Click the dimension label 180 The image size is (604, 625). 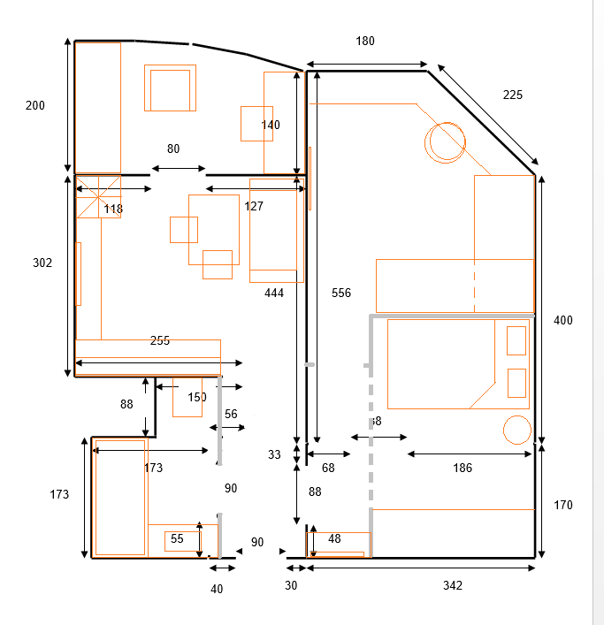tap(365, 41)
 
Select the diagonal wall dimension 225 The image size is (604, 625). tap(513, 95)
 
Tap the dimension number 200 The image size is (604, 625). tap(34, 106)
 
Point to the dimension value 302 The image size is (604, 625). tap(42, 263)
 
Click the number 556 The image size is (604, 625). tap(341, 293)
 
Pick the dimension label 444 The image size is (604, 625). tap(274, 293)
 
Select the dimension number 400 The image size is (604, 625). tap(562, 321)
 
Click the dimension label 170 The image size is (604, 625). tap(562, 506)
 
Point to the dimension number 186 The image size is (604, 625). tap(462, 469)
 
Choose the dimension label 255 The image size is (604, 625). tap(160, 340)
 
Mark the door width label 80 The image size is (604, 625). tap(173, 149)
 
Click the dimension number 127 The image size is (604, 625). tap(254, 207)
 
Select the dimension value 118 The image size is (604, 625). tap(113, 210)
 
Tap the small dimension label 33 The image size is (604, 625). tap(274, 455)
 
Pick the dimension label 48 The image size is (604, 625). tap(334, 539)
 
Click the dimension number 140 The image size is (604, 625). tap(271, 126)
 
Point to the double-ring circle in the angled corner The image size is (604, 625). tap(445, 141)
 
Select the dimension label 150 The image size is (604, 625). tap(196, 398)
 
